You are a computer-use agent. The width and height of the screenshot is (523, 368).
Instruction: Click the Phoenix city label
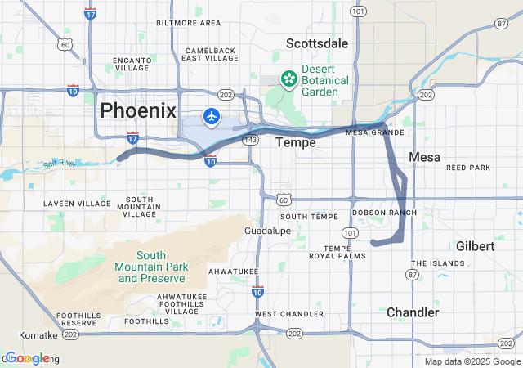[x=137, y=110]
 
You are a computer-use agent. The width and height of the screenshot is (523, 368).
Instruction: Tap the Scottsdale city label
[x=317, y=43]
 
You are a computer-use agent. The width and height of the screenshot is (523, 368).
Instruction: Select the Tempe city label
[x=295, y=142]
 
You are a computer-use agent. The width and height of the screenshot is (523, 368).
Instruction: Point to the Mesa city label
[x=424, y=157]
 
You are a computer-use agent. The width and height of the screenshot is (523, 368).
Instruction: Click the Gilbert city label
[x=475, y=246]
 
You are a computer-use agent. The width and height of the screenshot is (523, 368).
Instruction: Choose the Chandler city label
[x=412, y=312]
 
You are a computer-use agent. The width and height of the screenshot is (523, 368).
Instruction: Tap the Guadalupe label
[x=267, y=231]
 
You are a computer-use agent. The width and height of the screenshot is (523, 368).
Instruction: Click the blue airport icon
[x=212, y=117]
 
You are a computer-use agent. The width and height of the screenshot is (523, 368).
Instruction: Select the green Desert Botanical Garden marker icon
[x=288, y=79]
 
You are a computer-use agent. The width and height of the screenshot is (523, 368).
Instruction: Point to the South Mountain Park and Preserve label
[x=151, y=267]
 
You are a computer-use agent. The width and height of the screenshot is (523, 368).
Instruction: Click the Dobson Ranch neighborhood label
[x=383, y=213]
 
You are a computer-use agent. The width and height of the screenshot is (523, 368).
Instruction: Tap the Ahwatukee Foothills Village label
[x=182, y=303]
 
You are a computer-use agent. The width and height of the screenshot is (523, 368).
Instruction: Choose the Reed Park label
[x=468, y=168]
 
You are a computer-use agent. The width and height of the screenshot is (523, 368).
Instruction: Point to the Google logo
[x=27, y=358]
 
